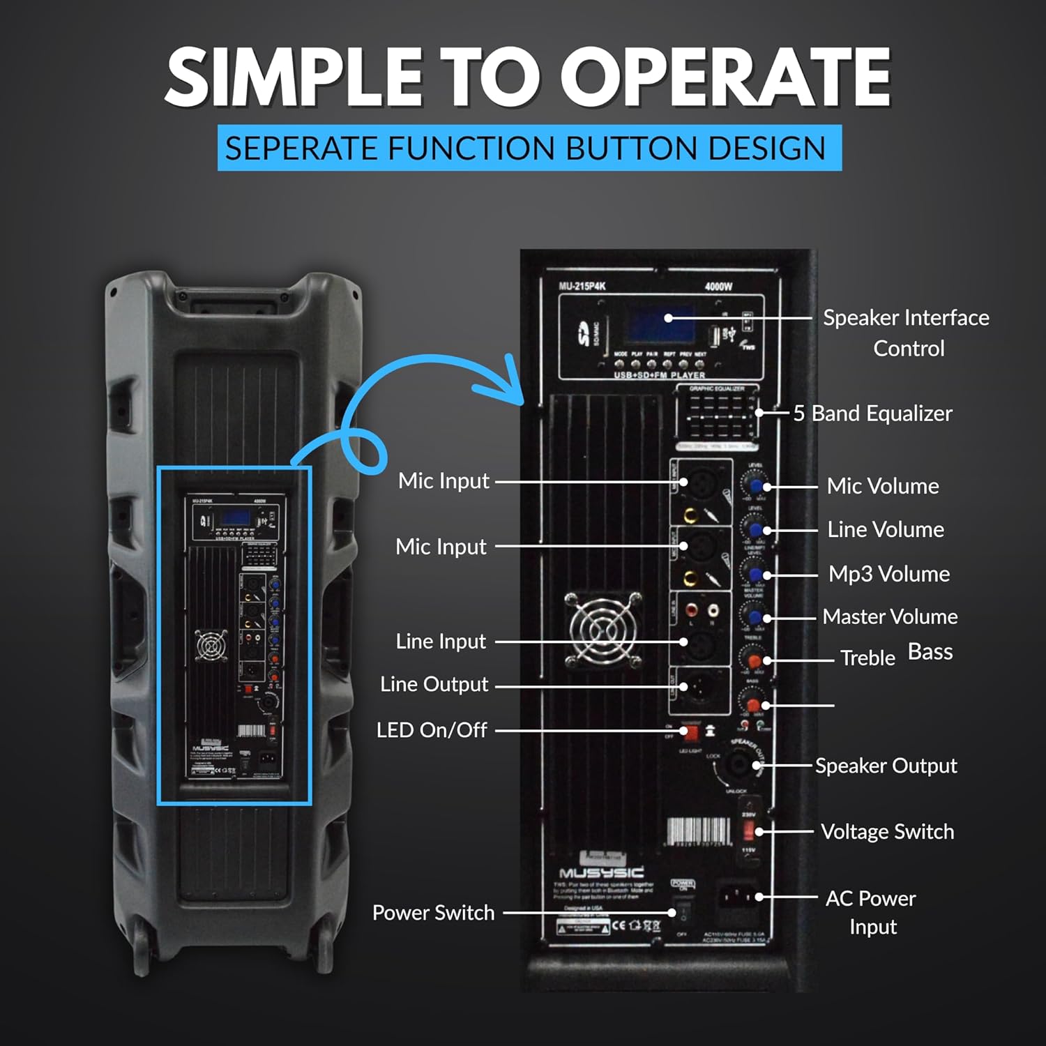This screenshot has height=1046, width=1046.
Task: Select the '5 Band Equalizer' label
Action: tap(872, 414)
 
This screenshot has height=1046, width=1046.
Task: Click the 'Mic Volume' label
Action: tap(883, 486)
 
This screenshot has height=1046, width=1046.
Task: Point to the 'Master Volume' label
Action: tap(890, 616)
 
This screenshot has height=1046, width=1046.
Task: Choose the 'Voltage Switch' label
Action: tap(887, 832)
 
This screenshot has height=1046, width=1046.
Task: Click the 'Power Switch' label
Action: tap(433, 913)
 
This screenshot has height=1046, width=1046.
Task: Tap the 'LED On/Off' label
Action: tap(432, 730)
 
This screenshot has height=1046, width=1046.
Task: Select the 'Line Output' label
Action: tap(434, 685)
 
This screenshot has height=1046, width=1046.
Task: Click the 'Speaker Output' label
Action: tap(886, 766)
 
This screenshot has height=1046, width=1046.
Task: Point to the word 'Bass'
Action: tap(930, 652)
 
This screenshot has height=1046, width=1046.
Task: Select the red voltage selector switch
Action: tap(749, 831)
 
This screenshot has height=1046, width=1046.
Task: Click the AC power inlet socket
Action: tap(736, 897)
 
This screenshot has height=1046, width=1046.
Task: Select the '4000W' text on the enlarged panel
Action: tap(718, 287)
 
